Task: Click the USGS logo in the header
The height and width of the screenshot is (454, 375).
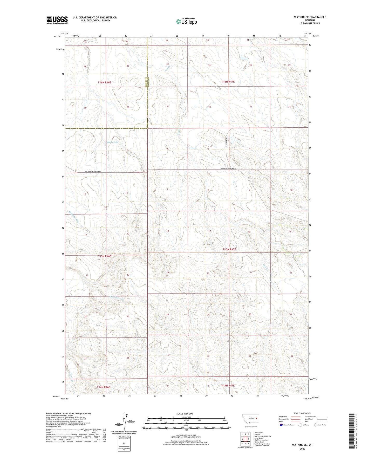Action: pos(57,20)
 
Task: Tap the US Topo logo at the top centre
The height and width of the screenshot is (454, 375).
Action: pos(186,21)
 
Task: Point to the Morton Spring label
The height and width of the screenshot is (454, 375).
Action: pos(112,142)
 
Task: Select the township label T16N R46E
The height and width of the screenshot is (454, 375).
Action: pos(104,82)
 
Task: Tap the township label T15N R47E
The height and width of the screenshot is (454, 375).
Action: pos(229,249)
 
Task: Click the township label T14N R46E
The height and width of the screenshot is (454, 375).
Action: pos(104,387)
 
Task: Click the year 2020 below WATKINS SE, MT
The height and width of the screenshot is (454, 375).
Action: pos(302,449)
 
